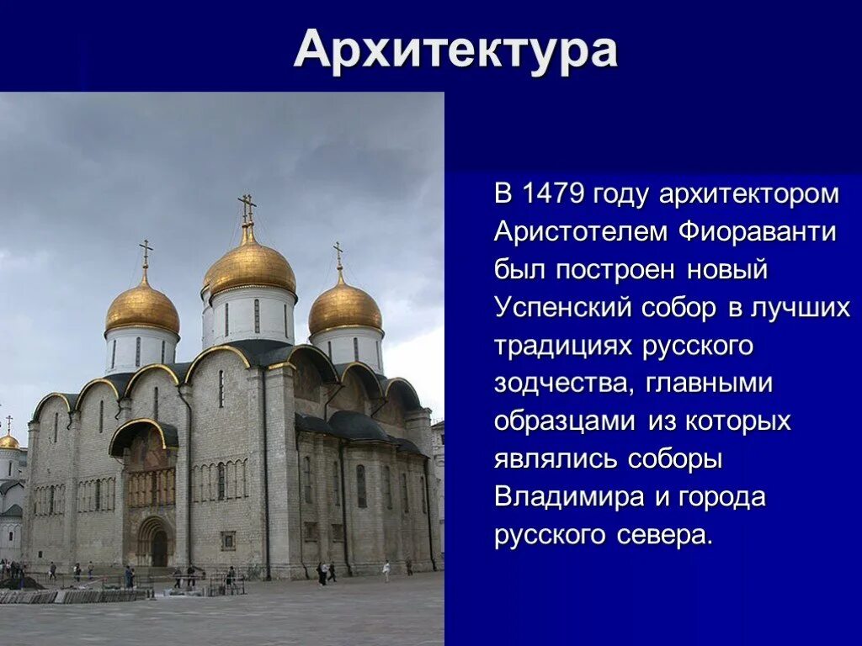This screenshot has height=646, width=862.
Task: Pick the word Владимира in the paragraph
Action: pos(570,497)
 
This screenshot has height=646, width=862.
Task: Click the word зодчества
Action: pos(565,384)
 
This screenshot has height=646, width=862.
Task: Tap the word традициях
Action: pos(564,346)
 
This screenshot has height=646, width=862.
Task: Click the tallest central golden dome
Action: pos(249,266)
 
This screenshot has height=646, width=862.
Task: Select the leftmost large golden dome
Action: pos(142,308)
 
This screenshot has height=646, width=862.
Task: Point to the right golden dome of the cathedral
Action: pos(345,308)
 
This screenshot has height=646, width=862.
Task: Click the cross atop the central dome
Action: pos(247,206)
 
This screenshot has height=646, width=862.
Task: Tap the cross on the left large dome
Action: pos(146,251)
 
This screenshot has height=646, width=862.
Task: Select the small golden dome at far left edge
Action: pos(8,441)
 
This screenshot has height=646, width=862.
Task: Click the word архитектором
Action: pos(749,194)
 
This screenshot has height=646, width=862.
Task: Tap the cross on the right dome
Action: pos(338,252)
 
